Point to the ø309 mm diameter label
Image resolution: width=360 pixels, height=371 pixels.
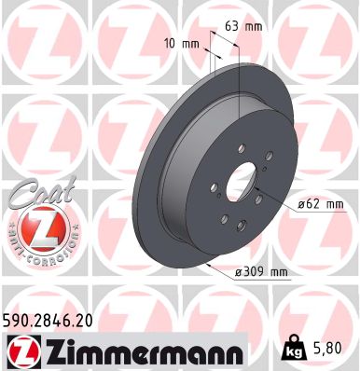tap(260, 271)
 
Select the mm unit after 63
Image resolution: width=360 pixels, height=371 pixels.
tap(253, 26)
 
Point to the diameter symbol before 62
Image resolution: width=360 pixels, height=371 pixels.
tap(303, 202)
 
